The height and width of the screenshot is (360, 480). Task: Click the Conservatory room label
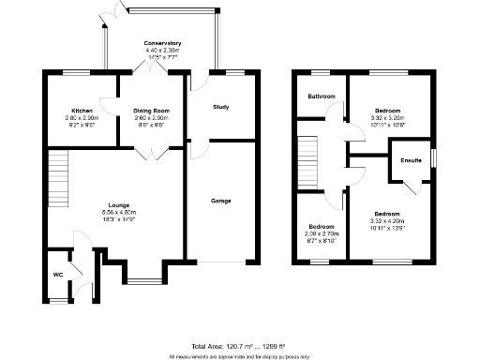point(162,44)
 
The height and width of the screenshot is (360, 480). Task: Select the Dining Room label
point(149,110)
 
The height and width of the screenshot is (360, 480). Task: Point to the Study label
point(221,107)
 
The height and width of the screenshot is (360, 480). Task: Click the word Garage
point(221,201)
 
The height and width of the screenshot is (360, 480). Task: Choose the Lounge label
point(118,204)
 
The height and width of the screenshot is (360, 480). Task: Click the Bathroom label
point(322,96)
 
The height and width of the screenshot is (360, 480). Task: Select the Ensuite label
point(411,160)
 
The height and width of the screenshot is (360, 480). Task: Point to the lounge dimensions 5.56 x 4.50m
point(118,212)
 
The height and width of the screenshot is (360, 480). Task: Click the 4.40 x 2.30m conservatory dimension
point(162,52)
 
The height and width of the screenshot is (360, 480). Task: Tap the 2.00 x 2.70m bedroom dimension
point(322,234)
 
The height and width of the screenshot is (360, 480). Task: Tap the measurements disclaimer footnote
point(240,356)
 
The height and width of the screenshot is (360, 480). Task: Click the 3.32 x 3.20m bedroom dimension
point(388,117)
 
